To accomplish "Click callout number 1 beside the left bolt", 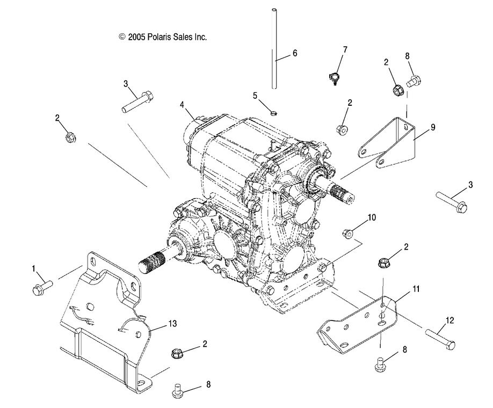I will [34, 268].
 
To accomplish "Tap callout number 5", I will [256, 95].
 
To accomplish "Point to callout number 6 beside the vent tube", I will [294, 53].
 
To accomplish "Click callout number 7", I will [345, 49].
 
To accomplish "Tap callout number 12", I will [450, 320].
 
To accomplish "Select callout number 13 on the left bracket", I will [172, 323].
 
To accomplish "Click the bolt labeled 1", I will [42, 289].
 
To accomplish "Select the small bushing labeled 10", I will [347, 233].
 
